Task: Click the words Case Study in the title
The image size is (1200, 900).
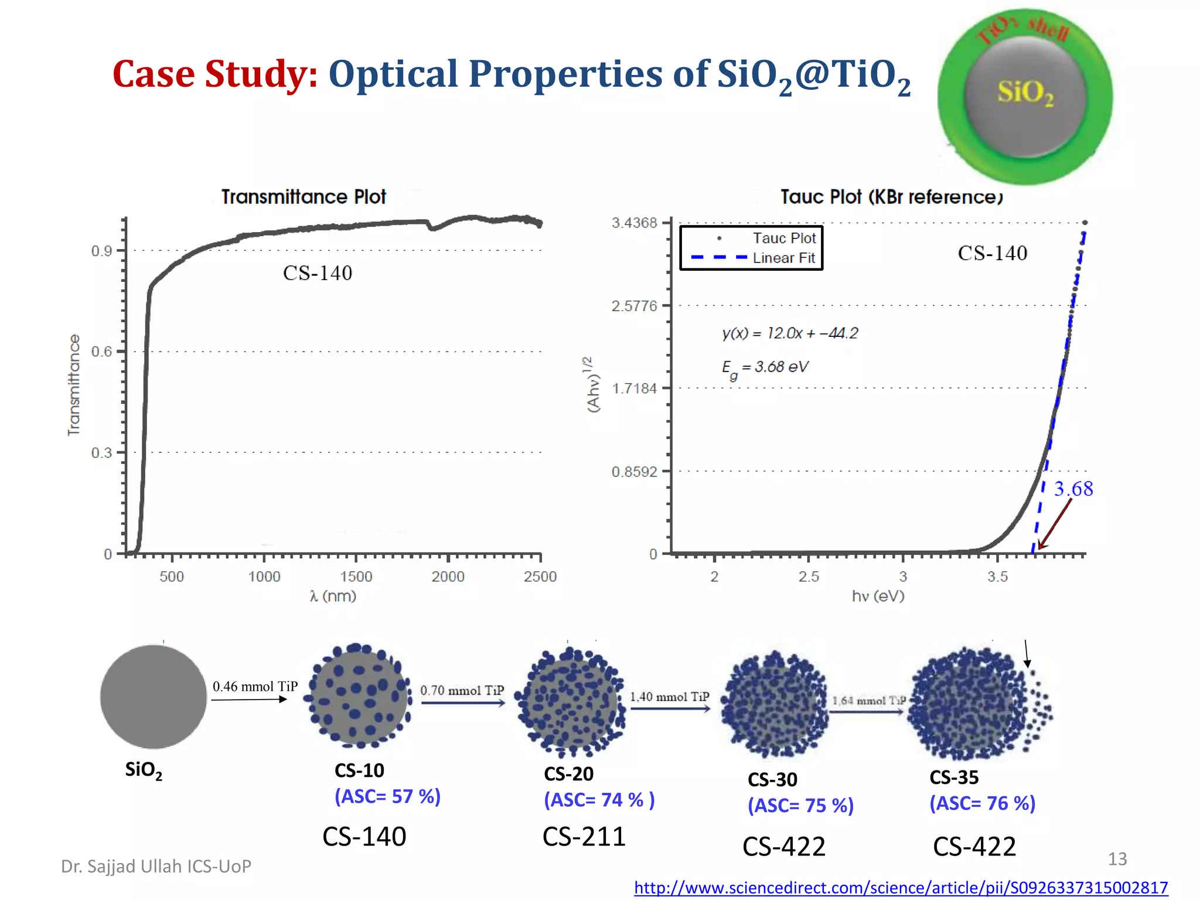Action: (214, 74)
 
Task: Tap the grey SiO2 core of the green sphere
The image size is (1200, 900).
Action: (1025, 94)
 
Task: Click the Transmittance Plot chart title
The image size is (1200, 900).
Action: (304, 197)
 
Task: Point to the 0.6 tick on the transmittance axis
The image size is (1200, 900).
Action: (102, 352)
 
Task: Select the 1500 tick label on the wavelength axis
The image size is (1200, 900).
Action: (356, 577)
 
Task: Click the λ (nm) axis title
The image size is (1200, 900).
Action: (333, 596)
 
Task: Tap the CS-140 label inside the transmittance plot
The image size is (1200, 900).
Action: (318, 273)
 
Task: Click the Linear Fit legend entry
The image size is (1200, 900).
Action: (783, 258)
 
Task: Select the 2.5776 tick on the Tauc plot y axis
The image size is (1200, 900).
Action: (634, 306)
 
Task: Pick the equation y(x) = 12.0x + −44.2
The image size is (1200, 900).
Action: (790, 333)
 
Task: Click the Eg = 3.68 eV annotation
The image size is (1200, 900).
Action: (765, 368)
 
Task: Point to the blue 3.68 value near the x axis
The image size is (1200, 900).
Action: (1073, 489)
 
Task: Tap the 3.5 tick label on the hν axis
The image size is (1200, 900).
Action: (997, 577)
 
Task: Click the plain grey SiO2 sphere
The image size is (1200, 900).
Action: (154, 697)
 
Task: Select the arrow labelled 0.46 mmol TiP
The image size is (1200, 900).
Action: (249, 700)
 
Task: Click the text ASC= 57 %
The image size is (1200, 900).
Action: (387, 796)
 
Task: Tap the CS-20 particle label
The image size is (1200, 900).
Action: (568, 774)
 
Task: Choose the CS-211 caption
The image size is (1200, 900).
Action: (584, 837)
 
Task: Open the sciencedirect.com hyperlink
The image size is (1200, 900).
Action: (901, 888)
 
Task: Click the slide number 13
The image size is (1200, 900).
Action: (1117, 859)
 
